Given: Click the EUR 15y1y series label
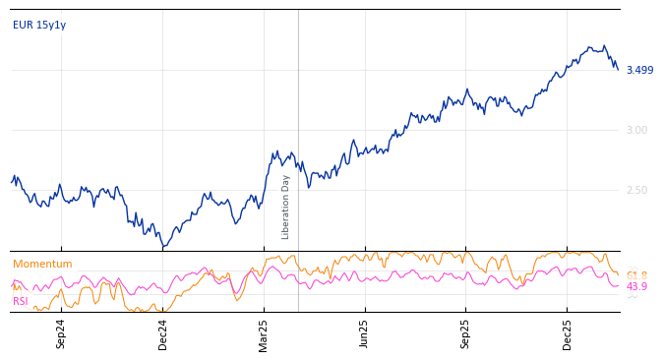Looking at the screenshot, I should click(39, 25).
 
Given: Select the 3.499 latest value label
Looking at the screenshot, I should click(639, 70).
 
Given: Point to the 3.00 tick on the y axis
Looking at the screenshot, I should click(636, 130).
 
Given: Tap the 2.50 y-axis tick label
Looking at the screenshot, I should click(636, 190).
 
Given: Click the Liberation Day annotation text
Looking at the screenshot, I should click(286, 207).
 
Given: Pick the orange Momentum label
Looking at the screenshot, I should click(42, 264).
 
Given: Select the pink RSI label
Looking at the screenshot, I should click(21, 301).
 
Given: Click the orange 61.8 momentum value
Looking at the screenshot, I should click(636, 275).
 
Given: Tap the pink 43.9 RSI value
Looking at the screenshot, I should click(636, 286).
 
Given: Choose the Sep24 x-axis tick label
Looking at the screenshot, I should click(61, 333).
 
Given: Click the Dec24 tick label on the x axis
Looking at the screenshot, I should click(163, 333).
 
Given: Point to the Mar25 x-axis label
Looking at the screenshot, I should click(264, 333).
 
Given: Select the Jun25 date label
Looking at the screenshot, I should click(365, 333).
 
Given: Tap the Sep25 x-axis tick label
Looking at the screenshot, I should click(466, 333).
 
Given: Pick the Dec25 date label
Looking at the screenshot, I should click(568, 333).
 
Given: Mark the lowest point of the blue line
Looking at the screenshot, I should click(163, 246).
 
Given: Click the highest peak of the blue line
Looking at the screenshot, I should click(604, 45).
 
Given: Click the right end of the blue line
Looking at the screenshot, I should click(618, 69).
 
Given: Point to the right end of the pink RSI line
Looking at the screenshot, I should click(618, 285).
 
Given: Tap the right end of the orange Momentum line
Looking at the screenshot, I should click(618, 273).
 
